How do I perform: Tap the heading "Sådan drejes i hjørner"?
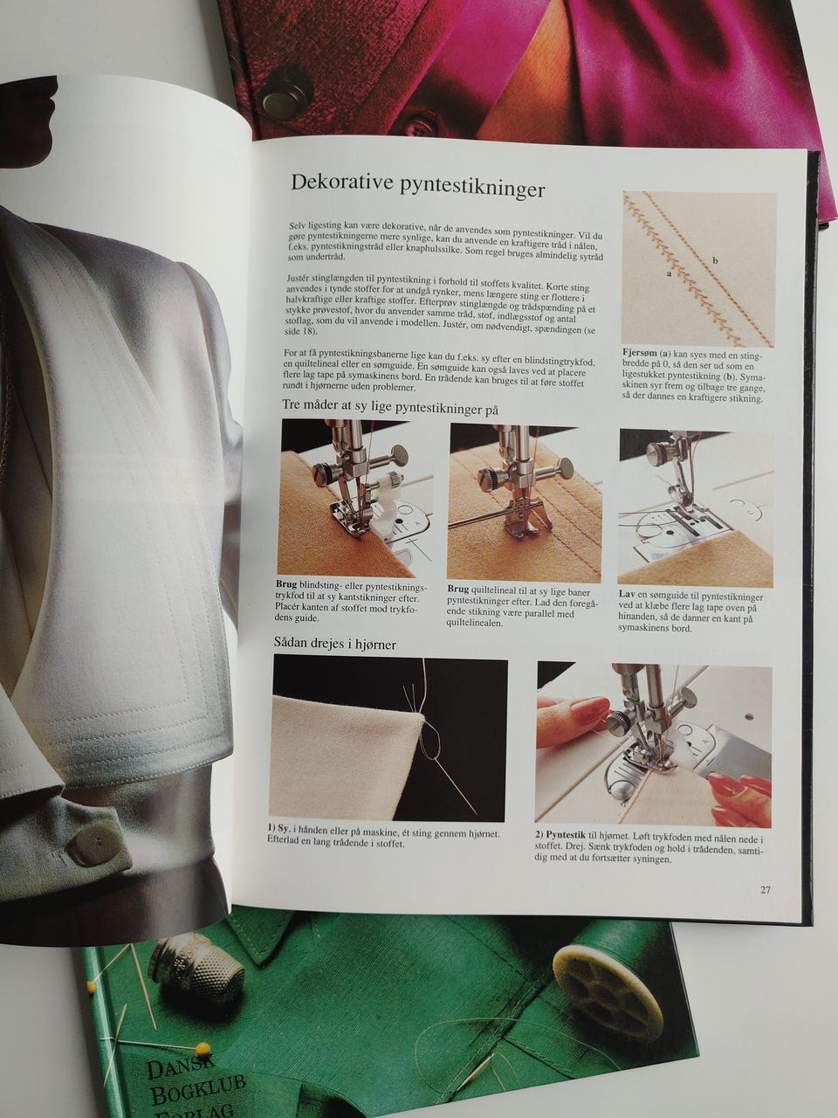click(335, 644)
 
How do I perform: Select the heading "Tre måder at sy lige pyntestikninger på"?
click(390, 408)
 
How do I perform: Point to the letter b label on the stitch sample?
click(715, 261)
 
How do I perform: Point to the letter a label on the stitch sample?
click(669, 273)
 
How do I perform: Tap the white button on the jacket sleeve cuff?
click(93, 844)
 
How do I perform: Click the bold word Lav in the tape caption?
click(627, 594)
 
